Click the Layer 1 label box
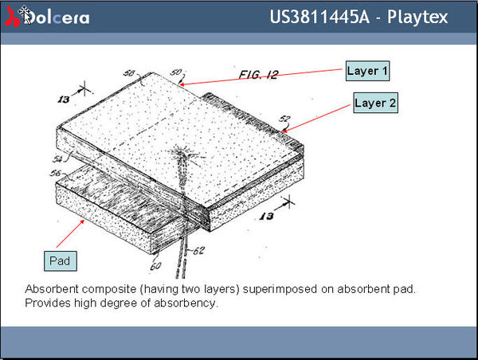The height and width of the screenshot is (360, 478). click(x=367, y=71)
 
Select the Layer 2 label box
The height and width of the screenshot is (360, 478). click(x=375, y=103)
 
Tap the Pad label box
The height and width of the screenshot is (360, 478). click(x=61, y=261)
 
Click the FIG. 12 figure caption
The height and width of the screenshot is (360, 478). click(x=258, y=75)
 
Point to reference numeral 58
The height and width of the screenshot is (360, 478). click(x=128, y=73)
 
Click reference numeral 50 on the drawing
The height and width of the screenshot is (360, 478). click(x=176, y=72)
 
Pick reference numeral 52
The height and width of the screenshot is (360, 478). click(x=284, y=119)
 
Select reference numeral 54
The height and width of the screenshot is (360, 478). click(x=57, y=158)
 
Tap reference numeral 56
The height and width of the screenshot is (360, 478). click(x=56, y=173)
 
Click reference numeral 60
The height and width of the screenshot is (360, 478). click(x=156, y=266)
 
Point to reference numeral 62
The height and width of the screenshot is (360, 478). click(x=198, y=251)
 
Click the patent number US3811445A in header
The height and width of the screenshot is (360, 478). click(x=319, y=17)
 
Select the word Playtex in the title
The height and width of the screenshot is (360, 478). click(x=417, y=17)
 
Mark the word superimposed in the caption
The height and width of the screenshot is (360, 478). click(x=280, y=289)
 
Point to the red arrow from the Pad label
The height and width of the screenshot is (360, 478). click(x=70, y=233)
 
